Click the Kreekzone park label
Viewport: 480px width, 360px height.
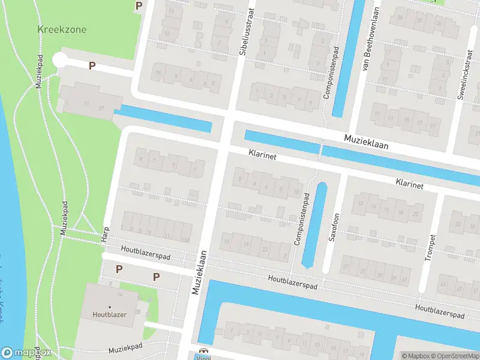(x=62, y=29)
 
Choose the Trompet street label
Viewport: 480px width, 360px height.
(x=429, y=246)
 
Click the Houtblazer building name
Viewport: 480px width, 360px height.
(x=109, y=314)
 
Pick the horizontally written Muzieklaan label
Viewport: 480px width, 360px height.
(x=366, y=142)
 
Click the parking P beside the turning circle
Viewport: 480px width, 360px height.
(x=92, y=65)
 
